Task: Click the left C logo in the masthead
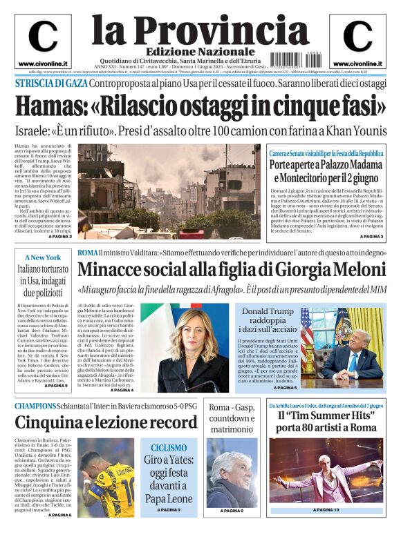pyautogui.click(x=42, y=37)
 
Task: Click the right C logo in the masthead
pyautogui.click(x=357, y=37)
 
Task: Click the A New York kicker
pyautogui.click(x=43, y=257)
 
